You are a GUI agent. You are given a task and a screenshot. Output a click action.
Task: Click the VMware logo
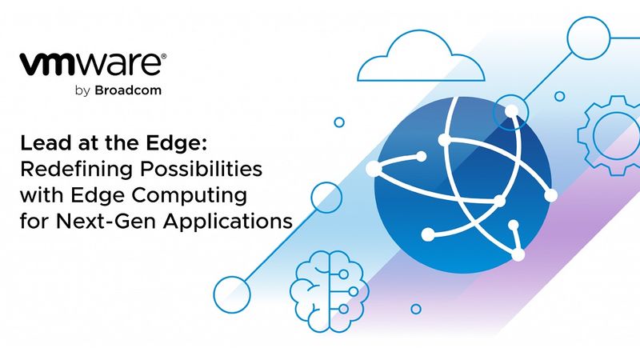pyautogui.click(x=92, y=64)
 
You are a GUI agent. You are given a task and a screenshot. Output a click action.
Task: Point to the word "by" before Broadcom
pyautogui.click(x=83, y=91)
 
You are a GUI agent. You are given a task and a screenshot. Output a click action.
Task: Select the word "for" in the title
pyautogui.click(x=35, y=220)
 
